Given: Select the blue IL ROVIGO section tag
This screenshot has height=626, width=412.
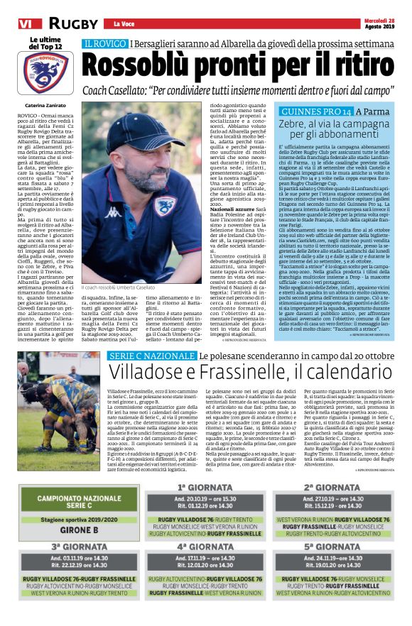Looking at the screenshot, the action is click(104, 44).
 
